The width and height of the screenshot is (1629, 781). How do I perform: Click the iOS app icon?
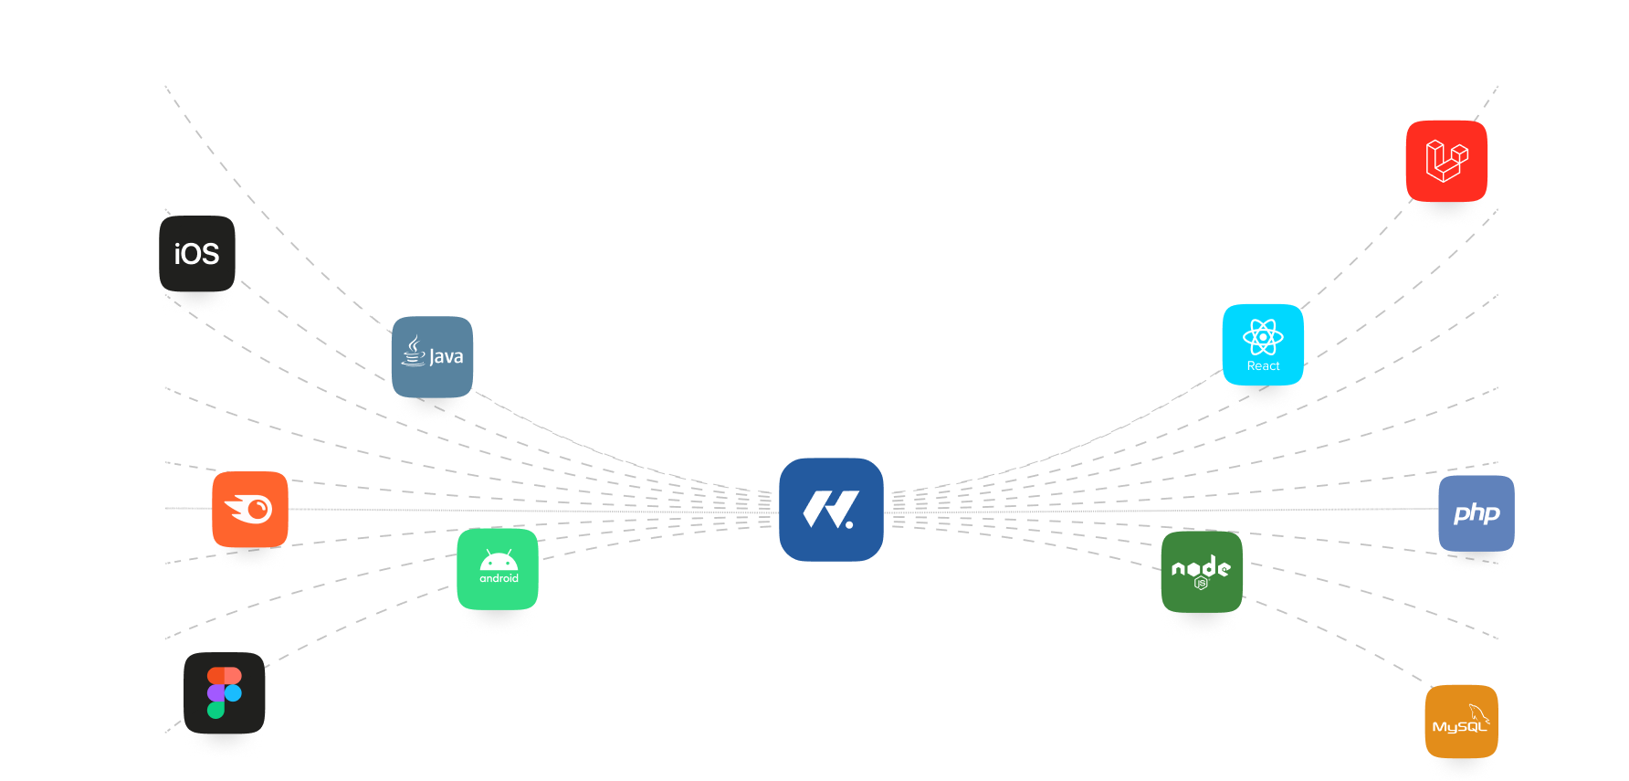(x=197, y=254)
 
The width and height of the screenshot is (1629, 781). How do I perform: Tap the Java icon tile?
(x=432, y=357)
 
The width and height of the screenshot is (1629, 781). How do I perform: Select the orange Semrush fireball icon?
(x=250, y=509)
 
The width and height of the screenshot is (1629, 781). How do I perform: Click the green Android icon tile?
(x=498, y=569)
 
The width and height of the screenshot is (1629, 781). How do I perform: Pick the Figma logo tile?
(x=225, y=692)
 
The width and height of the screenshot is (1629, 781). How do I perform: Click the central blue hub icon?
(x=831, y=510)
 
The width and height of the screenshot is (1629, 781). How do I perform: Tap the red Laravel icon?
(x=1446, y=161)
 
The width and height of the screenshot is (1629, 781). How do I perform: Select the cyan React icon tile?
(x=1263, y=344)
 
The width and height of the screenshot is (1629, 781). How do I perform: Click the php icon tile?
(x=1477, y=512)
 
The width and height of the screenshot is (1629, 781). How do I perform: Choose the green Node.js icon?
(x=1202, y=572)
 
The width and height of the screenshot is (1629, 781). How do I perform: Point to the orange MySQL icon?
(x=1461, y=722)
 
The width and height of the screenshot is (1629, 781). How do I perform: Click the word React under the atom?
(x=1263, y=366)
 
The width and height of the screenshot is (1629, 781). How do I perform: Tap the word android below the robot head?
(x=499, y=578)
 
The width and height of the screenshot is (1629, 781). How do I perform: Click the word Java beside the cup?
(x=447, y=357)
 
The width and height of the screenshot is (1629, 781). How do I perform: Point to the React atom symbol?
(x=1263, y=337)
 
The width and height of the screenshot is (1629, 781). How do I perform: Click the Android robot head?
(x=499, y=561)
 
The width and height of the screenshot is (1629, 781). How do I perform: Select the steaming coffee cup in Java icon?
(x=414, y=352)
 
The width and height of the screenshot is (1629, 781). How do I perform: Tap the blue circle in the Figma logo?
(x=233, y=692)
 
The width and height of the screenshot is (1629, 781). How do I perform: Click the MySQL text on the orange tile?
(x=1458, y=727)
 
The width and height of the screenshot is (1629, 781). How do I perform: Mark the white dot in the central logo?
(x=849, y=524)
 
